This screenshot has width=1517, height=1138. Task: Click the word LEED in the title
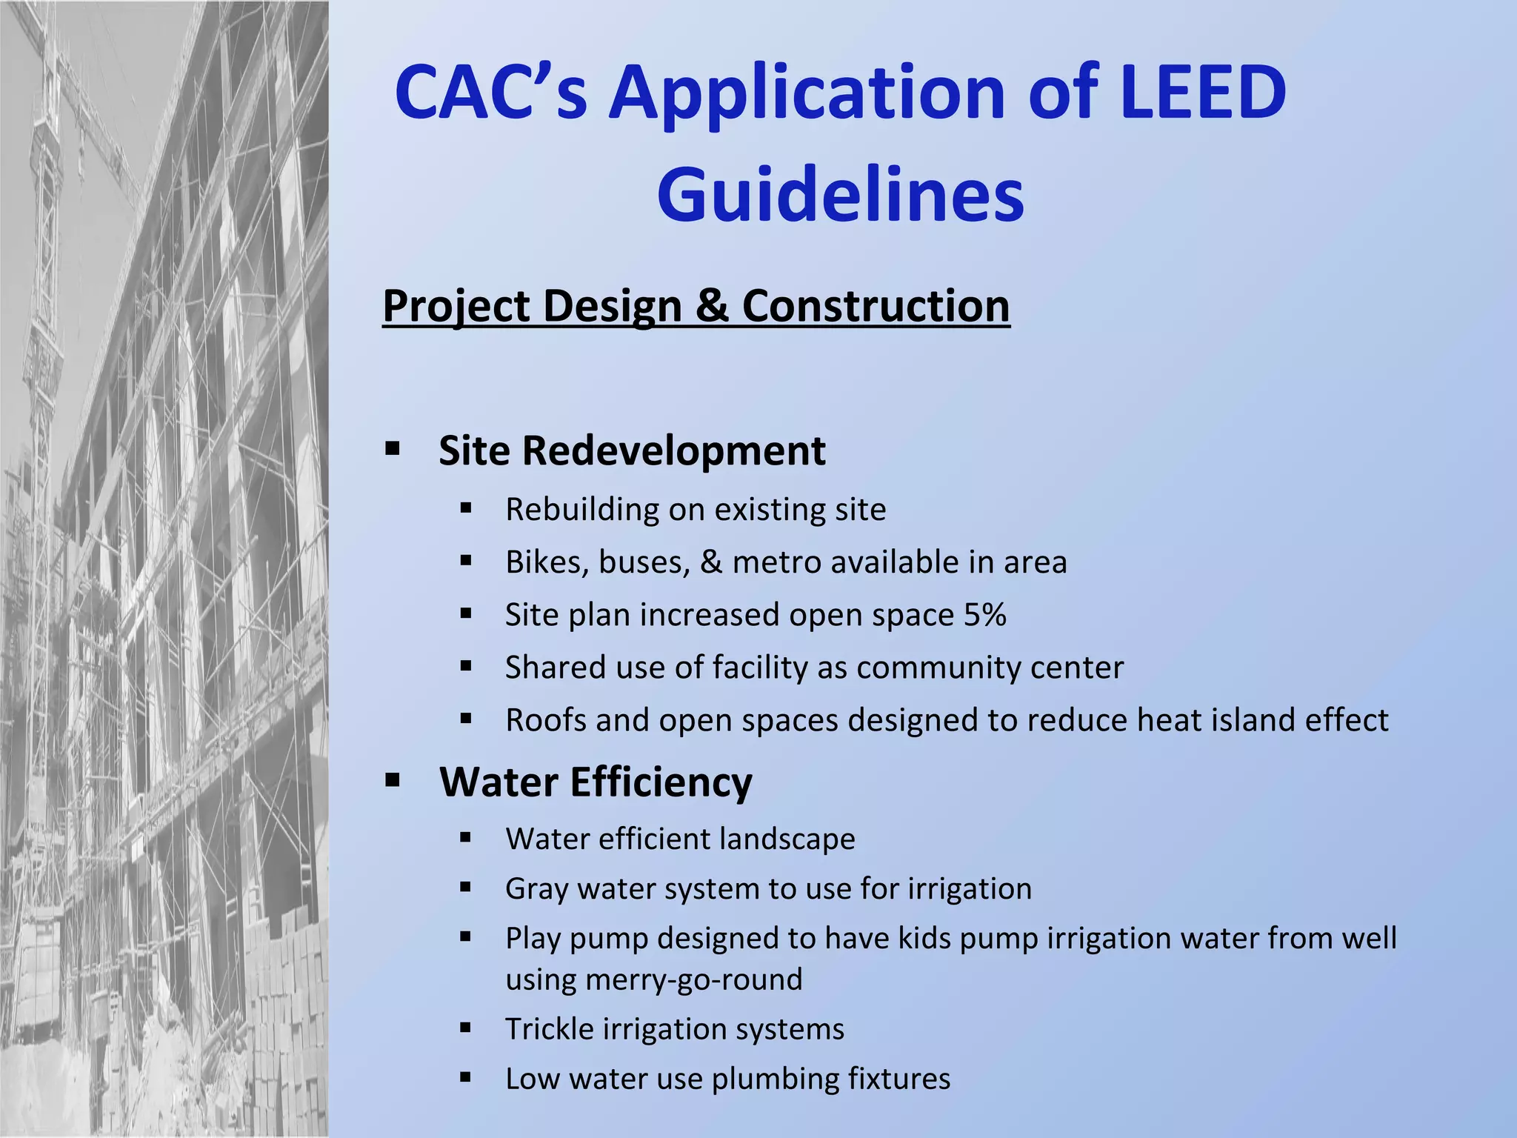coord(1203,93)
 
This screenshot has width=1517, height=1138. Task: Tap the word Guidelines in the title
coord(840,195)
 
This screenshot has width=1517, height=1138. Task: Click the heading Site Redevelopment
coord(631,450)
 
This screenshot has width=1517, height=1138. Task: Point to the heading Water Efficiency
coord(596,782)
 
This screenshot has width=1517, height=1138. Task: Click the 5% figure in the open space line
coord(984,615)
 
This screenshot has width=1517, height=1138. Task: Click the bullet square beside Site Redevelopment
coord(393,448)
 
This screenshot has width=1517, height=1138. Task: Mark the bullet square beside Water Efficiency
coord(393,779)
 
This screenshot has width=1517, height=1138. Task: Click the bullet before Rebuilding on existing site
coord(465,508)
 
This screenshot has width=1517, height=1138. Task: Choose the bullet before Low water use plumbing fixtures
coord(465,1077)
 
